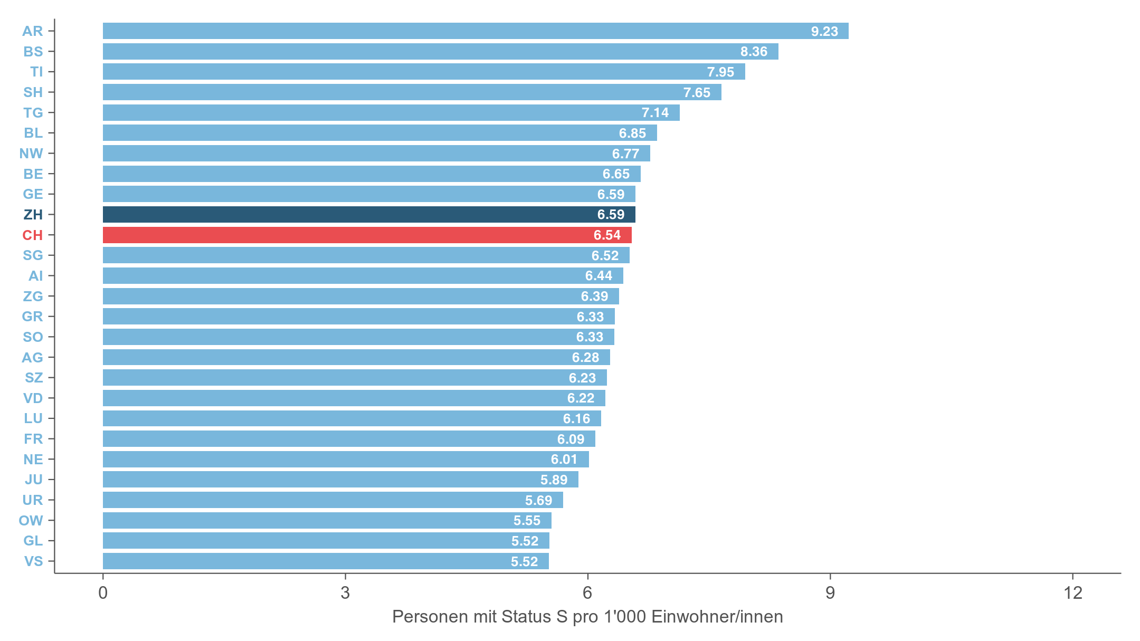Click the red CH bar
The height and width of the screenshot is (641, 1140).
pos(367,235)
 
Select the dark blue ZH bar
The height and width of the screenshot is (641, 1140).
pos(368,215)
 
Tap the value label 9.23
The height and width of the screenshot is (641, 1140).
pos(824,32)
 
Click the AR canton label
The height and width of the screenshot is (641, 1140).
pos(32,31)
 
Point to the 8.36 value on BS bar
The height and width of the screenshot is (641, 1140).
pos(753,52)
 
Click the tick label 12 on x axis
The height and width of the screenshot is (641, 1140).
pos(1072,593)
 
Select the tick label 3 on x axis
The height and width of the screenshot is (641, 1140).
pos(345,593)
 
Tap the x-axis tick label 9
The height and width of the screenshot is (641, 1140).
pos(830,593)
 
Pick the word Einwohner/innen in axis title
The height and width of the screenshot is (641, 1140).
pos(717,617)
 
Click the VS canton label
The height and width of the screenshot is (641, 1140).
pos(33,561)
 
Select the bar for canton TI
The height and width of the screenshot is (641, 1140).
pos(423,72)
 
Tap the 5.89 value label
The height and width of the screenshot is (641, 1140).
pos(554,480)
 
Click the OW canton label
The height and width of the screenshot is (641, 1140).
pos(31,521)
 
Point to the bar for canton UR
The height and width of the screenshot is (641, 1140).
pos(332,500)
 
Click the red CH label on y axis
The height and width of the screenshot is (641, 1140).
pos(32,235)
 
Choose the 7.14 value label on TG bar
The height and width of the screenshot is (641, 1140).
pos(654,113)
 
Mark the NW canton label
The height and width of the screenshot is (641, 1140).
pos(31,154)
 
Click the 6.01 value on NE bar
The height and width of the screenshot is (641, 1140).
pos(564,460)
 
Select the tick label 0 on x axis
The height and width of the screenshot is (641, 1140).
pos(103,593)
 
